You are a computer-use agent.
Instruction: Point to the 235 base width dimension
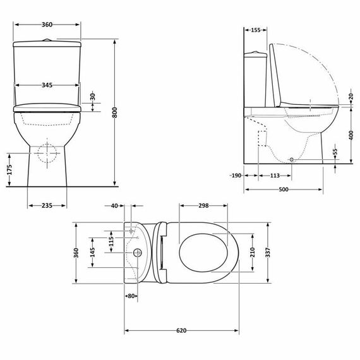pyautogui.click(x=47, y=205)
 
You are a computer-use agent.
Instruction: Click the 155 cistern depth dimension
pyautogui.click(x=256, y=30)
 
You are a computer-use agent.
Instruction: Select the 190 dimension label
pyautogui.click(x=236, y=176)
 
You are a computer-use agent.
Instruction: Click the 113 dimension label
pyautogui.click(x=275, y=176)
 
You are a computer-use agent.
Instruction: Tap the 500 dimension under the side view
pyautogui.click(x=284, y=190)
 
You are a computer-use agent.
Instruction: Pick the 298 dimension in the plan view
pyautogui.click(x=203, y=205)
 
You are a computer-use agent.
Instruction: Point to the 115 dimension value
pyautogui.click(x=111, y=242)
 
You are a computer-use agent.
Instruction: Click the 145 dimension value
pyautogui.click(x=93, y=253)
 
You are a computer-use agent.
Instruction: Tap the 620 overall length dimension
pyautogui.click(x=181, y=330)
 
